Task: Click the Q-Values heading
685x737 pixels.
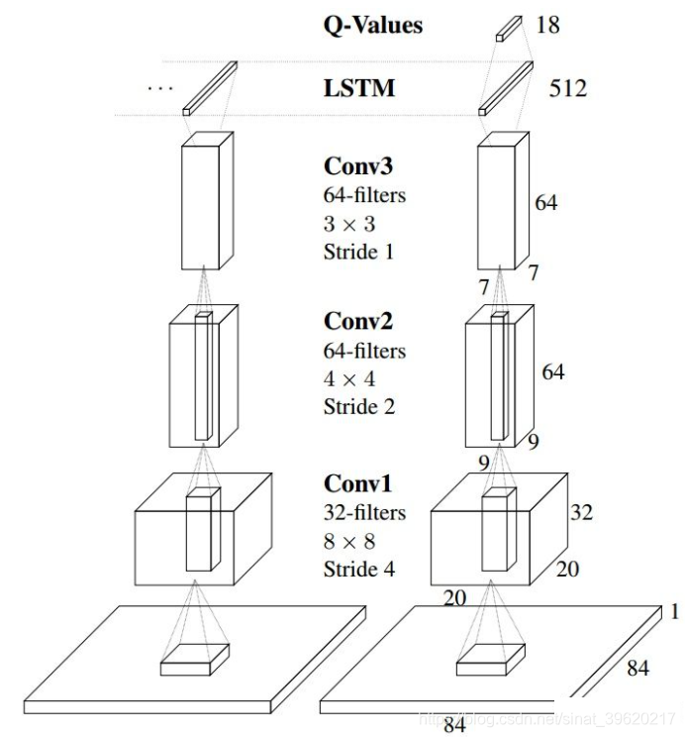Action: click(372, 24)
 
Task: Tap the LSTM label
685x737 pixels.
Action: click(358, 88)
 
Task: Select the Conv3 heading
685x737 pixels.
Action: click(357, 165)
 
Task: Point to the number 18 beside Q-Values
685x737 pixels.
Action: click(546, 24)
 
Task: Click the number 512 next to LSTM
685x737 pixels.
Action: click(567, 89)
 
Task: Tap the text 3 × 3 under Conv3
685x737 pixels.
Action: click(348, 223)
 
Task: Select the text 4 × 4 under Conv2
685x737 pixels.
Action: click(348, 378)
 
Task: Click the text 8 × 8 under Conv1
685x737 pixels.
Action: click(348, 541)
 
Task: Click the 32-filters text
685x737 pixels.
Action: click(364, 512)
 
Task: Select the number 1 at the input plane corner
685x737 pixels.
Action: click(674, 612)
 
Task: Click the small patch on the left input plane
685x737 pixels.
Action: click(195, 660)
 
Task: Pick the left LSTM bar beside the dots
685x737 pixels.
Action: click(210, 87)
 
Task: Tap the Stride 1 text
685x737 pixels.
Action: click(358, 252)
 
